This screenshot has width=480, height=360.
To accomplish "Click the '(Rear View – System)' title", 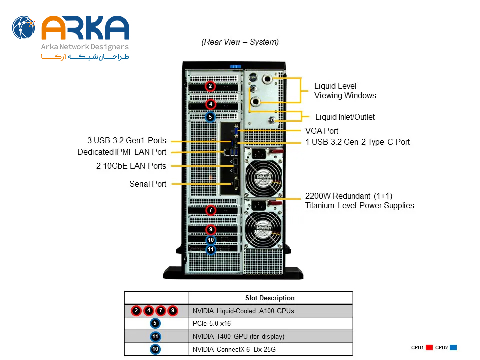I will coord(240,42).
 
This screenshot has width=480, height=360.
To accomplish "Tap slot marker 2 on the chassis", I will coord(211,86).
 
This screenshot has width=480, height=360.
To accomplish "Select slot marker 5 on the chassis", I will coord(211,117).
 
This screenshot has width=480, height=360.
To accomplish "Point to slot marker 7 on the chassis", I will coord(211,210).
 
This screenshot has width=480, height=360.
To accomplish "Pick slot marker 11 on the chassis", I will coord(211,249).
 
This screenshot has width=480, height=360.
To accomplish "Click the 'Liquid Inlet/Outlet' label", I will coord(345,117).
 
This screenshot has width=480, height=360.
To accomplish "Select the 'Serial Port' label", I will coord(148,184).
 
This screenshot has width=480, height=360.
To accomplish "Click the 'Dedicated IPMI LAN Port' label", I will coord(122,152).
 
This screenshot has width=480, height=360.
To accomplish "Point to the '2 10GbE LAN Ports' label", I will coord(131,166).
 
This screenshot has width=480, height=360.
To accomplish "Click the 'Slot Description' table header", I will coord(270,298).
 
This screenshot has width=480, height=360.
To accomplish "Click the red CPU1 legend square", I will coord(429,348).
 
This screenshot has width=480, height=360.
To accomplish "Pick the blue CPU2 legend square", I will coord(453,348).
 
